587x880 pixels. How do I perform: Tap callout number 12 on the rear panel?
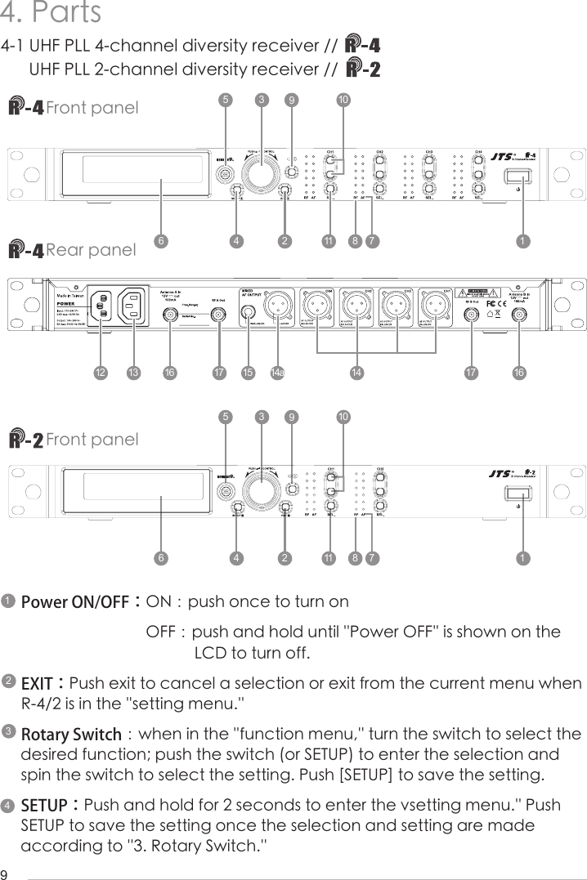tap(100, 373)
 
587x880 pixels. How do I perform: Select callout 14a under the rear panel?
tap(277, 373)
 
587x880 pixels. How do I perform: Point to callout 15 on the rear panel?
tap(248, 373)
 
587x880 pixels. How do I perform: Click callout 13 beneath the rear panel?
tap(132, 373)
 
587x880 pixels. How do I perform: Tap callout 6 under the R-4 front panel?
tap(162, 241)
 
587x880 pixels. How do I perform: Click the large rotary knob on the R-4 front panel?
tap(262, 173)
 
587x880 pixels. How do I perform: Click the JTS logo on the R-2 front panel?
tap(499, 472)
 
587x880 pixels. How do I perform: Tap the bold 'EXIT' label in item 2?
tap(36, 682)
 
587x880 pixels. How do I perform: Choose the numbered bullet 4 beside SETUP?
tap(7, 806)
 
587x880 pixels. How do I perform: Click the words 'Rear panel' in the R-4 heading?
tap(91, 250)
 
